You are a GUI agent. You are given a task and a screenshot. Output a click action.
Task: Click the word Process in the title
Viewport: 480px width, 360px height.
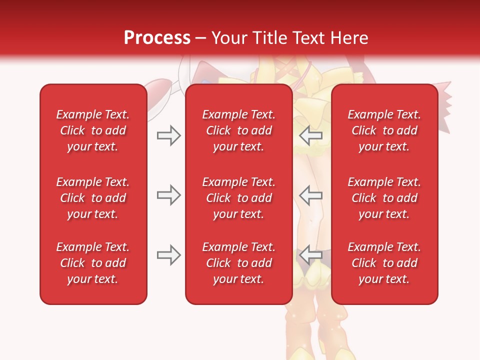click(157, 38)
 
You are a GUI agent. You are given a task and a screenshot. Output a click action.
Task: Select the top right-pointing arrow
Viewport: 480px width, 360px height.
click(168, 135)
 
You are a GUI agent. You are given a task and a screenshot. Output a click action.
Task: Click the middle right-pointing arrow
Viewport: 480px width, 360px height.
click(168, 195)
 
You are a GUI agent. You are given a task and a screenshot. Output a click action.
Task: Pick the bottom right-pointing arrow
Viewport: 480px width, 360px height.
click(168, 255)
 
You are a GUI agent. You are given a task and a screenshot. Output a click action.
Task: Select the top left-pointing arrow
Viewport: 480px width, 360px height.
click(311, 135)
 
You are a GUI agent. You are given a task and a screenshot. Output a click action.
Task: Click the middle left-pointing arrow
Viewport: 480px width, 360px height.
click(311, 195)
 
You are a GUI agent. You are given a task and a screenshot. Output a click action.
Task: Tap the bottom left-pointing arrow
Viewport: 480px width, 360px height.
click(311, 255)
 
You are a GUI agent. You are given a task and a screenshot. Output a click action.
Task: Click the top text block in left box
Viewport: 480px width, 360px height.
click(93, 130)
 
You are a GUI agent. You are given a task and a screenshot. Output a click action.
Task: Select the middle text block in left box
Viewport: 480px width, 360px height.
click(93, 198)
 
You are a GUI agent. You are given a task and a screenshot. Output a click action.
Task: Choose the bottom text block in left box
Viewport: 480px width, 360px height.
click(93, 263)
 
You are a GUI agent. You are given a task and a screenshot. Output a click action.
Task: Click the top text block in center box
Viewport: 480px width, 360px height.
click(238, 130)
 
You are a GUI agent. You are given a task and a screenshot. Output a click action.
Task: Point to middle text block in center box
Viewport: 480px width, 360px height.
click(238, 198)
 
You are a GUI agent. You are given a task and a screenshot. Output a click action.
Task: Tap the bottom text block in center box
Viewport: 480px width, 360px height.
click(238, 263)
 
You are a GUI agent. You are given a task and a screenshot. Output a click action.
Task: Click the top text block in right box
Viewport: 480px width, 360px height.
click(384, 130)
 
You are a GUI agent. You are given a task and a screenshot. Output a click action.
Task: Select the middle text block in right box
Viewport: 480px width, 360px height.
click(384, 198)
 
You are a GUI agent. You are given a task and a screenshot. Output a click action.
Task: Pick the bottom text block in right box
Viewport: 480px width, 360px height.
click(384, 263)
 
